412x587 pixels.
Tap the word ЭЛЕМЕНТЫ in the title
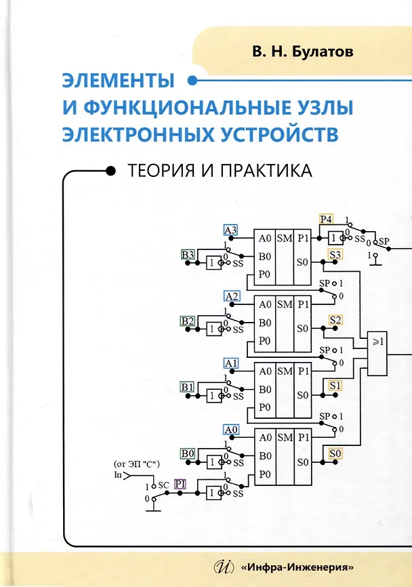119,81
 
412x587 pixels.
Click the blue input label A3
231,229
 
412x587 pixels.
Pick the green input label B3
188,255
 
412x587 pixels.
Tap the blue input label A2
231,296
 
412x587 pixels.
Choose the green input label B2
188,321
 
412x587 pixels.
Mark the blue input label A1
231,363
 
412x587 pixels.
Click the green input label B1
188,386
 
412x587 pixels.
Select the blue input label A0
231,429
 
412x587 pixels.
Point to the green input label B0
188,453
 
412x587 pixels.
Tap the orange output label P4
326,219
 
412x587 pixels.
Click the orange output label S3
335,255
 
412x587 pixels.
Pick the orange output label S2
335,321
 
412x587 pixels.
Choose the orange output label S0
335,453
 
